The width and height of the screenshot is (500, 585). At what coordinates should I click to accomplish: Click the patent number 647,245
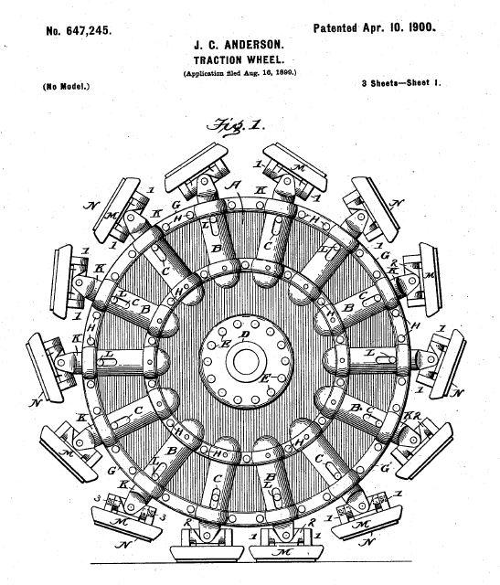pos(79,30)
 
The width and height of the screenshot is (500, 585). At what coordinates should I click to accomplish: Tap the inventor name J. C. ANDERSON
pos(239,46)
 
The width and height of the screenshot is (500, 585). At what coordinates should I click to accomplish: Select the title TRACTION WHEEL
pos(239,59)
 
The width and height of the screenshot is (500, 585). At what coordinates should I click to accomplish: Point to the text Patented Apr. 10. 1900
pos(374,27)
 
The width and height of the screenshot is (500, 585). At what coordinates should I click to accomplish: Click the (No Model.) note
pos(67,87)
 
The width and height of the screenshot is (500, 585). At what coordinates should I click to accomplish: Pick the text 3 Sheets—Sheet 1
pos(401,83)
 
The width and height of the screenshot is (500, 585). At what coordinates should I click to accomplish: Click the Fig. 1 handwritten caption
pos(236,126)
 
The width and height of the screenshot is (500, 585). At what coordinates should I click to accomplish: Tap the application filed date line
pos(239,73)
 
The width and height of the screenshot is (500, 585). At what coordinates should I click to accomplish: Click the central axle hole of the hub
pos(246,362)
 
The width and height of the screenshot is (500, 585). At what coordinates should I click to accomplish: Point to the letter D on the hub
pos(244,335)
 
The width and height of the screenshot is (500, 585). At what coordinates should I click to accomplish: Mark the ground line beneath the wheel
pos(251,562)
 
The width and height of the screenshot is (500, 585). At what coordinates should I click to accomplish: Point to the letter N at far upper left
pos(90,205)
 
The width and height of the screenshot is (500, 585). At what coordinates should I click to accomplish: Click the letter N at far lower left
pos(36,403)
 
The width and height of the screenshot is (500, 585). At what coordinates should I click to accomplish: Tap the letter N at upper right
pos(398,204)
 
